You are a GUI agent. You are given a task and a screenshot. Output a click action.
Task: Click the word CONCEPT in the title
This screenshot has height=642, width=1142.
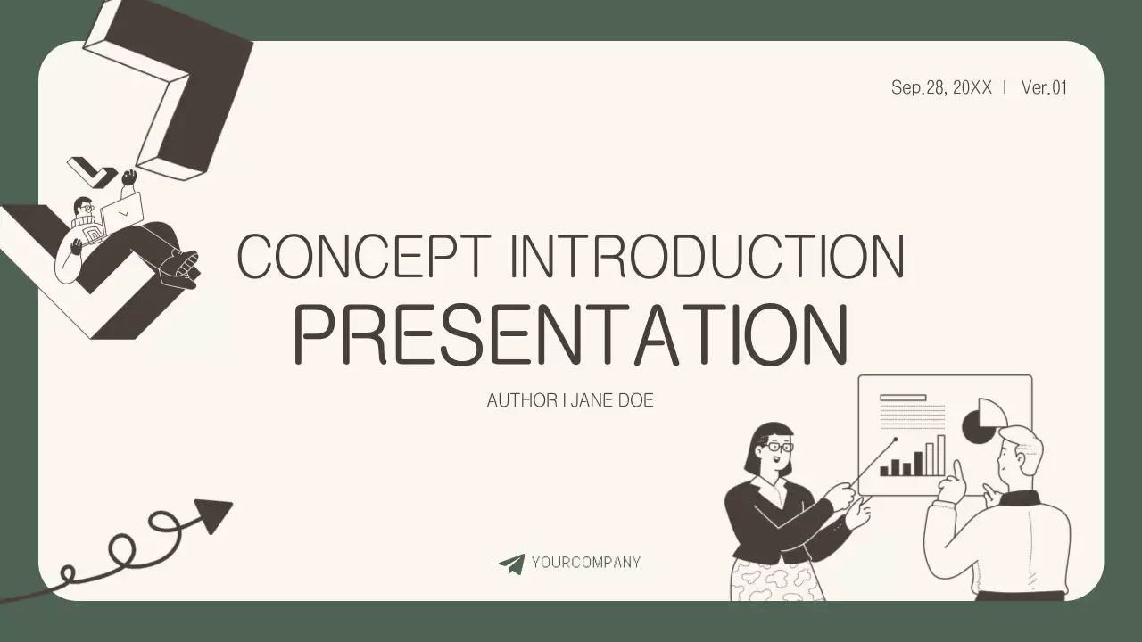[x=362, y=257]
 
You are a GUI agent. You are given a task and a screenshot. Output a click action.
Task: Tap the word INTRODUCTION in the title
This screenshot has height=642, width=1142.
[x=707, y=257]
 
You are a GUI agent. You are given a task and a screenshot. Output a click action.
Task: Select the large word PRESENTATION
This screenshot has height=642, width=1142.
[x=571, y=336]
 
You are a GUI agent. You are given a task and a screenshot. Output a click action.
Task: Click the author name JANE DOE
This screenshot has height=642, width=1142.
[x=612, y=400]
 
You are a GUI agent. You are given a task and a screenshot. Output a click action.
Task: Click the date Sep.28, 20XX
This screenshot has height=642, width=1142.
[x=941, y=87]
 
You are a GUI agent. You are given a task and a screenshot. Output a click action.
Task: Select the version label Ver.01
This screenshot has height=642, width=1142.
[x=1044, y=87]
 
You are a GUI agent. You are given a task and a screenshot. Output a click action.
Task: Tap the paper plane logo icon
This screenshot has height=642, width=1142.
[x=511, y=564]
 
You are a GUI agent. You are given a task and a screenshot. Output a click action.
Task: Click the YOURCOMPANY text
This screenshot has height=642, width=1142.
[x=585, y=563]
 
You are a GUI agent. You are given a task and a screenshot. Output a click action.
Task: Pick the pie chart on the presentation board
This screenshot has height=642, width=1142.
[x=983, y=421]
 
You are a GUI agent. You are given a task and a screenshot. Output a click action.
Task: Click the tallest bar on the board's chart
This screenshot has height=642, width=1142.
[x=940, y=456]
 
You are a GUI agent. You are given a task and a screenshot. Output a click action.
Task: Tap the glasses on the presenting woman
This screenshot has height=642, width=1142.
[x=778, y=446]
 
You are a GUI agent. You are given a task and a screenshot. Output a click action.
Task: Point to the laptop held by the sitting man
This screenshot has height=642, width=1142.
[x=123, y=214]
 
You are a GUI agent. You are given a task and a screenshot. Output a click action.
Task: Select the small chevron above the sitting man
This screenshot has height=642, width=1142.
[x=93, y=170]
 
